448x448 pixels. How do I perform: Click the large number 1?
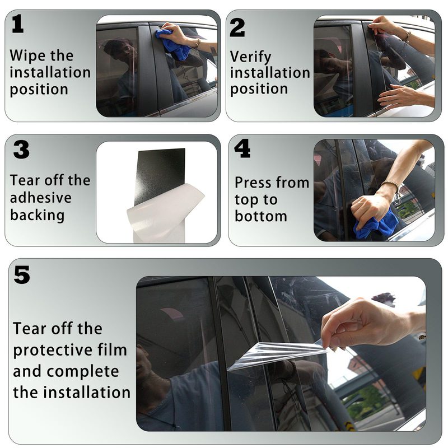18,24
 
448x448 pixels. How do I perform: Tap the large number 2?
237,27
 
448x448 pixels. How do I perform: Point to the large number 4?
242,148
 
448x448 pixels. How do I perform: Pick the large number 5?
22,274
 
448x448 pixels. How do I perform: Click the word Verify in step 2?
250,57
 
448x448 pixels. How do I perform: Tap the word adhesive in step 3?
40,198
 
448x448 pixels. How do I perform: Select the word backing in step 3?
37,215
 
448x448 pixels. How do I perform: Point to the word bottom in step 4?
261,216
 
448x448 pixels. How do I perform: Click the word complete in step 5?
83,372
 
